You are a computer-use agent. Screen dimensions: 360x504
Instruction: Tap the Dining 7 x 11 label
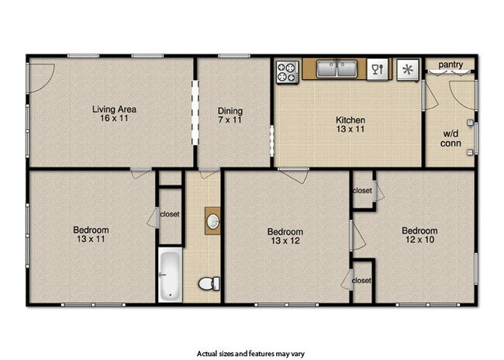click(x=230, y=115)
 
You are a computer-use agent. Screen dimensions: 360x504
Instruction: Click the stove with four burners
click(x=288, y=71)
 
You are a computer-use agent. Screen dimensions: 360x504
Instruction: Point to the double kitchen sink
click(x=337, y=71)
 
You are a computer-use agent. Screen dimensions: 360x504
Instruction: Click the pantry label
click(x=450, y=65)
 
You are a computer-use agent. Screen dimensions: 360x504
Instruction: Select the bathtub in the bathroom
click(x=170, y=275)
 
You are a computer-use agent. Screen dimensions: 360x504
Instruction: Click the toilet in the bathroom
click(x=206, y=283)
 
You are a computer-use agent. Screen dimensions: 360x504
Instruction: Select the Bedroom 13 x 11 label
click(x=91, y=234)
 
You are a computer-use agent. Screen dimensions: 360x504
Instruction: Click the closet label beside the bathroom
click(x=170, y=215)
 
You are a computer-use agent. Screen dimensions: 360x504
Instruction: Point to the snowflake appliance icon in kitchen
click(x=406, y=70)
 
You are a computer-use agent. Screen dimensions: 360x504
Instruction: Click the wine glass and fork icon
click(x=378, y=70)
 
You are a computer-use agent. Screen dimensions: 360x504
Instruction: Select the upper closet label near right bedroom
click(x=362, y=191)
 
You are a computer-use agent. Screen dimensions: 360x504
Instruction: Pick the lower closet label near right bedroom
click(x=361, y=280)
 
